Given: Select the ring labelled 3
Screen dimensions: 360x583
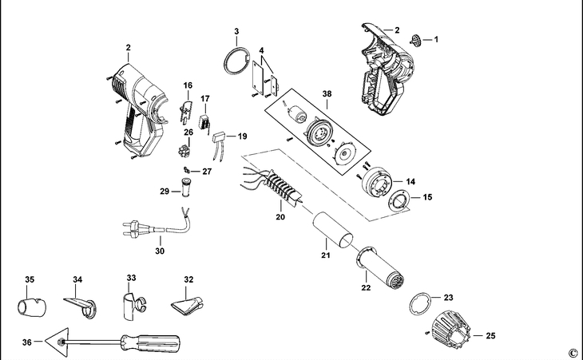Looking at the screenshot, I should tap(232, 61).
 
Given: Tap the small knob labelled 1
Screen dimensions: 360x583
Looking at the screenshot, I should tap(415, 38).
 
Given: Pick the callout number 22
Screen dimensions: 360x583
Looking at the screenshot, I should tap(367, 287).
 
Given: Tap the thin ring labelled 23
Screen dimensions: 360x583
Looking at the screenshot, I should tap(421, 304).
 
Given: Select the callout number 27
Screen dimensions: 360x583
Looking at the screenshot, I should tap(208, 172).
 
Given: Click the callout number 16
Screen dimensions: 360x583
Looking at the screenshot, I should tap(188, 85).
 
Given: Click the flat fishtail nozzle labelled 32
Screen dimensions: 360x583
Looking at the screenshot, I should tap(188, 306).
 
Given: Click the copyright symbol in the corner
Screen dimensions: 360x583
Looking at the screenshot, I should tap(573, 352).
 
